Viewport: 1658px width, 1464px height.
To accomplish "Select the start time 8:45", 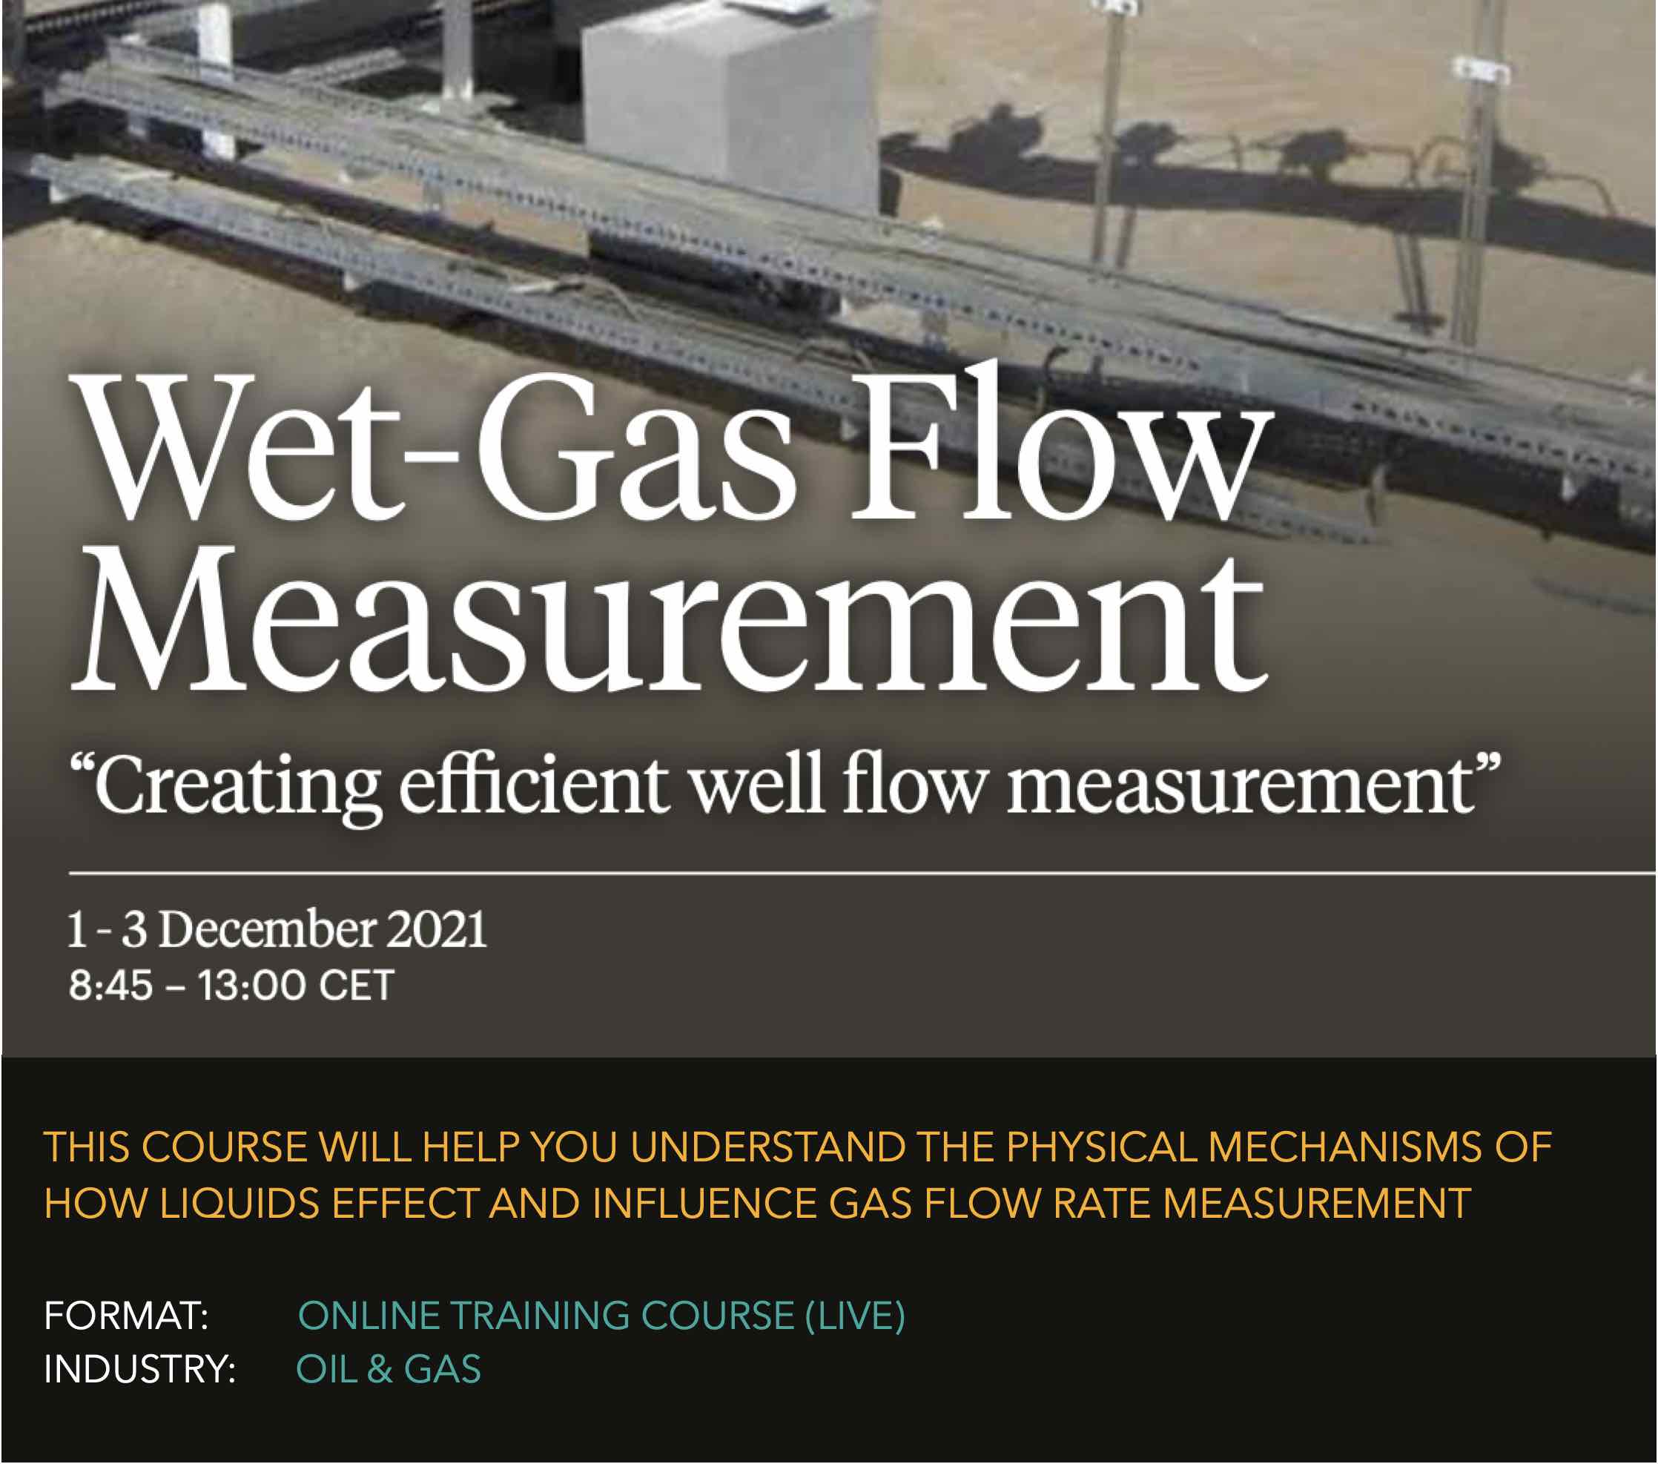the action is [x=110, y=986].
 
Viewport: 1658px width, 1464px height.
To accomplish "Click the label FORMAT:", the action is [x=127, y=1316].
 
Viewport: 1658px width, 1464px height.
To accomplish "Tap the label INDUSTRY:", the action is [x=139, y=1369].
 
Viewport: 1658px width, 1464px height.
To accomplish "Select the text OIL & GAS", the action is [x=389, y=1369].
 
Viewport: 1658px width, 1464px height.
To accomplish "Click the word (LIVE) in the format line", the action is [x=855, y=1316].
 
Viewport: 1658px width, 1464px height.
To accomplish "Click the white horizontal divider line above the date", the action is [x=863, y=874].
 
